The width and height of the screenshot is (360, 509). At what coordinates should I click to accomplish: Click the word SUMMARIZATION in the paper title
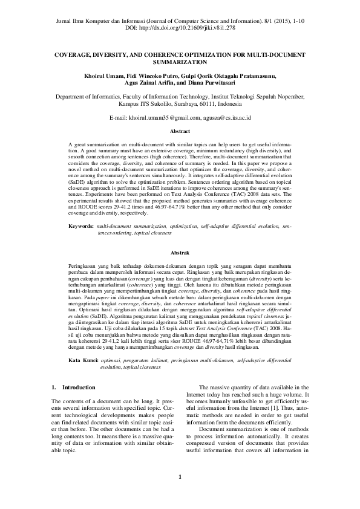click(x=180, y=62)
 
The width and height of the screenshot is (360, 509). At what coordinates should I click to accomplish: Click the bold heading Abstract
click(x=180, y=131)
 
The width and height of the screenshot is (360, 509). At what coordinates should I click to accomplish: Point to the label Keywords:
click(x=80, y=225)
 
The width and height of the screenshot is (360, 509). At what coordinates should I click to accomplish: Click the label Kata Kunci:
click(x=83, y=360)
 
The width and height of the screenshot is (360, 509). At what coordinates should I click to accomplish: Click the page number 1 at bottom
click(x=180, y=478)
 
